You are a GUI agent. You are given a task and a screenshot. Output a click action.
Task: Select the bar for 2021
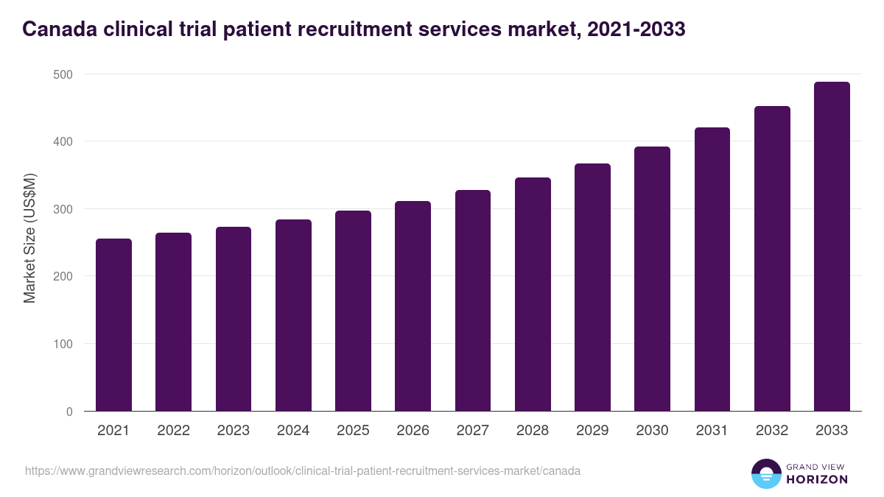click(113, 325)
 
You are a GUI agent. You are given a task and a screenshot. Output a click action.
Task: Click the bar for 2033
click(832, 247)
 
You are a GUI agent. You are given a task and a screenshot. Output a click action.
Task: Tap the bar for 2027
click(473, 300)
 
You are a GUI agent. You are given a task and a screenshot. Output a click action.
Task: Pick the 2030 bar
click(652, 279)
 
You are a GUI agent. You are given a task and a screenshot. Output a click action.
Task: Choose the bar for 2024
click(293, 315)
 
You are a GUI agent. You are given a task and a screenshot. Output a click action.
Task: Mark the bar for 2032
click(772, 258)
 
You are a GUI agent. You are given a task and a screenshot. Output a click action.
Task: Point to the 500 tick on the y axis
click(63, 74)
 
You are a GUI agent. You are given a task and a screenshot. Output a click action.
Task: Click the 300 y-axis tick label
click(63, 209)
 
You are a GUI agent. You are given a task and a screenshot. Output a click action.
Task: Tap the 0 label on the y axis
click(69, 412)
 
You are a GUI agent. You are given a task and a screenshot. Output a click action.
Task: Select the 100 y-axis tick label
click(63, 344)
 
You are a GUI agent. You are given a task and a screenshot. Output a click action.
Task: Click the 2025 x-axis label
click(353, 431)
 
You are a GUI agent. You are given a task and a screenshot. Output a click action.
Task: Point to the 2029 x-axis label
click(592, 431)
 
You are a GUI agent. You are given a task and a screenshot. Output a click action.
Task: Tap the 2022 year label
click(173, 431)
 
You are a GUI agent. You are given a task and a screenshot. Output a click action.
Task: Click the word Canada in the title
click(57, 29)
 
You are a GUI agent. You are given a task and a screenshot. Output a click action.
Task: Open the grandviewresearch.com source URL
click(303, 470)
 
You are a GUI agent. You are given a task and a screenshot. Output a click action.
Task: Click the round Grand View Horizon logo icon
click(766, 473)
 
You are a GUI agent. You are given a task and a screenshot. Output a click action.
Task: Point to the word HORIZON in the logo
click(817, 479)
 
